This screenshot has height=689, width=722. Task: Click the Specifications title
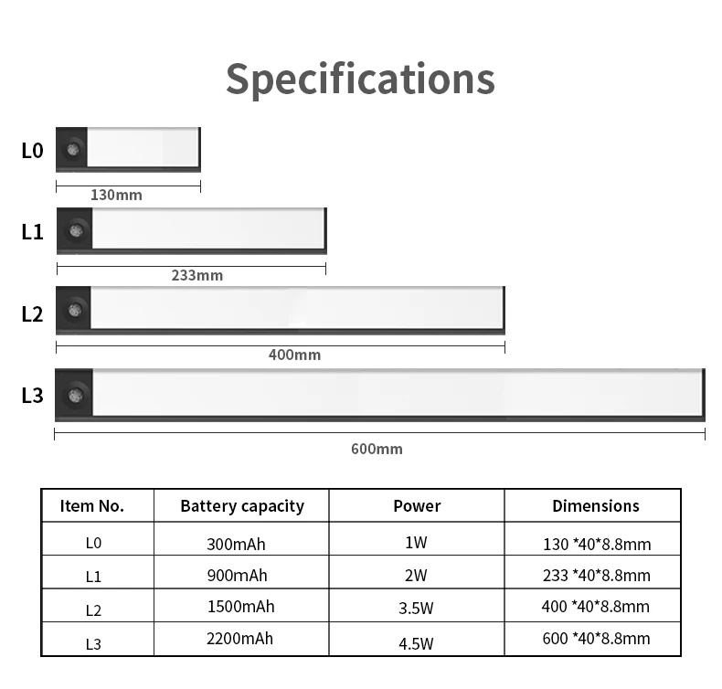(360, 79)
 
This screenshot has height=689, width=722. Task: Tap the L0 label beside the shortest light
(32, 150)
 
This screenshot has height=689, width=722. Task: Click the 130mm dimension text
(116, 195)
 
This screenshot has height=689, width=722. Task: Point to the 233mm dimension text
(196, 275)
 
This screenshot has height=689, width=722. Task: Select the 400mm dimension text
(294, 355)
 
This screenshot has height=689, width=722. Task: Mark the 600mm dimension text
(377, 449)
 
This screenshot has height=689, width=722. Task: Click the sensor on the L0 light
(72, 149)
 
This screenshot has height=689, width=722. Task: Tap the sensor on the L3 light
(75, 395)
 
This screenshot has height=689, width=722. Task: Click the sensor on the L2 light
(74, 311)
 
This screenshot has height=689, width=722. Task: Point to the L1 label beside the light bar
(32, 231)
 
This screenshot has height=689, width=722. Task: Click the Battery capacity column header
(242, 506)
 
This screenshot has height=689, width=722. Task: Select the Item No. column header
(92, 506)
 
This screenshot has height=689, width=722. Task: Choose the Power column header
(417, 506)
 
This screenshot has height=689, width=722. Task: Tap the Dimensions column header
(596, 506)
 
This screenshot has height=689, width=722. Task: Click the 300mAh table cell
(236, 545)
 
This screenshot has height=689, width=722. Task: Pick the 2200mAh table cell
(239, 639)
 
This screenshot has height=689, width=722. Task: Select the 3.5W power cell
(416, 608)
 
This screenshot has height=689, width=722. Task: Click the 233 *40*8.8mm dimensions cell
(596, 576)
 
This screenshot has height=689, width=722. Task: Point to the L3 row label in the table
(93, 643)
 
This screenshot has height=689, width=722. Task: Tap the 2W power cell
(416, 576)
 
